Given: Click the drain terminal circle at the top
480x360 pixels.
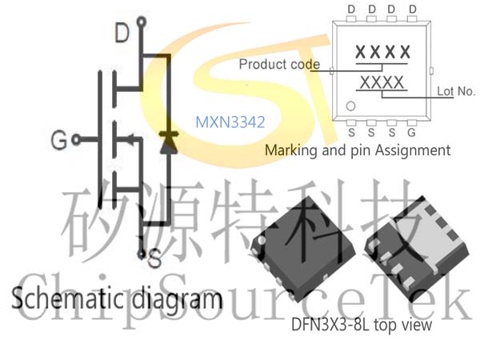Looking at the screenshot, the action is (x=141, y=22).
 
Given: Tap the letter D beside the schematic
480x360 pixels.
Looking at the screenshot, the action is (x=122, y=33).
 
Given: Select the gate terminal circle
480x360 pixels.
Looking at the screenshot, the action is (x=76, y=140).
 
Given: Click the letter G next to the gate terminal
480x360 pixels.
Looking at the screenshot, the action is (x=58, y=140).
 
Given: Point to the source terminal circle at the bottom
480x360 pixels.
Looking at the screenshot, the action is (x=141, y=254).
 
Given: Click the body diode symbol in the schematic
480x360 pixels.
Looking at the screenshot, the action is (x=169, y=142).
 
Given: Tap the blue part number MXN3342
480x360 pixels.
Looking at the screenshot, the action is (x=230, y=122).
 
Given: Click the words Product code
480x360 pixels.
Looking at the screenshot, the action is (x=279, y=65).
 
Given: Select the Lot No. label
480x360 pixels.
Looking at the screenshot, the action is (x=456, y=91).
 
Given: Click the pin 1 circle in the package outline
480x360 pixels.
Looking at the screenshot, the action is (x=350, y=106).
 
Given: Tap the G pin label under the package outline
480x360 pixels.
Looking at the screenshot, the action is (x=411, y=133).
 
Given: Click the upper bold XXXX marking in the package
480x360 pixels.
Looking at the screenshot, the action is (x=382, y=52).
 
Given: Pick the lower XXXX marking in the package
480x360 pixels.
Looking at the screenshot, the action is (x=382, y=82).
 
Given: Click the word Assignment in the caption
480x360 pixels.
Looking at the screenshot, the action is (x=413, y=150).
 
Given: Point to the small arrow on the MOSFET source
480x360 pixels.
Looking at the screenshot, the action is (x=130, y=140).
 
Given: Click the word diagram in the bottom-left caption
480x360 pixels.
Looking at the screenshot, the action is (x=177, y=299).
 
